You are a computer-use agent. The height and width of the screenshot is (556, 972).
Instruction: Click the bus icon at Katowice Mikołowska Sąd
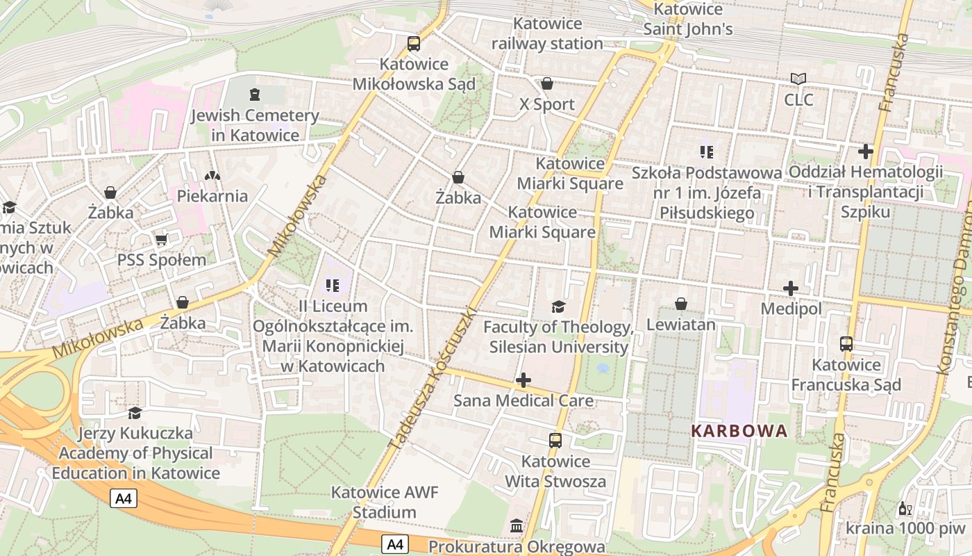tap(414, 44)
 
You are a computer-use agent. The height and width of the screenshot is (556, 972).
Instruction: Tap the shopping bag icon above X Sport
tap(547, 83)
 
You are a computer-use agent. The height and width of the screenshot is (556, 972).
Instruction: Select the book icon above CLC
tap(798, 79)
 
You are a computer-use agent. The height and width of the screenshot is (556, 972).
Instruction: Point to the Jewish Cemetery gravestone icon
tap(255, 94)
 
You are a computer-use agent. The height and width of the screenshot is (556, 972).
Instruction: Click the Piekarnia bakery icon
tap(212, 176)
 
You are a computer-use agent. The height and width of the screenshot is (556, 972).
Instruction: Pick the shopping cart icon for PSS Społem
tap(162, 240)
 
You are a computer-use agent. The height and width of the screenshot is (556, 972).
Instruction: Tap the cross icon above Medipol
tap(790, 288)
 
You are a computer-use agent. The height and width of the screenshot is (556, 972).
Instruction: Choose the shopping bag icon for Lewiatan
tap(680, 304)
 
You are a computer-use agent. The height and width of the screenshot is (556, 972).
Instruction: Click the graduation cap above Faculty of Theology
tap(558, 306)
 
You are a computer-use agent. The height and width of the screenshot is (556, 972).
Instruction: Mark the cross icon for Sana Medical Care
tap(523, 380)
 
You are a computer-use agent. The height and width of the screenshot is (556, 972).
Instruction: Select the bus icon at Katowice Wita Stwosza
tap(555, 440)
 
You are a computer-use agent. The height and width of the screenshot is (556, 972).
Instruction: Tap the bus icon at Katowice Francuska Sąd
tap(846, 344)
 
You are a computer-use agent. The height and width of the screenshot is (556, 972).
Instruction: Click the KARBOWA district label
tap(739, 431)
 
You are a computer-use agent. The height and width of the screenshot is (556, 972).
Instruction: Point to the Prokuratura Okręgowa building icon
tap(517, 526)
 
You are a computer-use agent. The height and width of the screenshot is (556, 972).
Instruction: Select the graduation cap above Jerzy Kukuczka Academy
tap(135, 413)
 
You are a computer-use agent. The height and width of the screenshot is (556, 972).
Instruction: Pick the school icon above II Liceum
tap(333, 285)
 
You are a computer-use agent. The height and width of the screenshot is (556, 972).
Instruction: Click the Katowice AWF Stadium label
tap(384, 502)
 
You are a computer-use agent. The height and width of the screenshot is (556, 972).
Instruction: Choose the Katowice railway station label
tap(547, 33)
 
